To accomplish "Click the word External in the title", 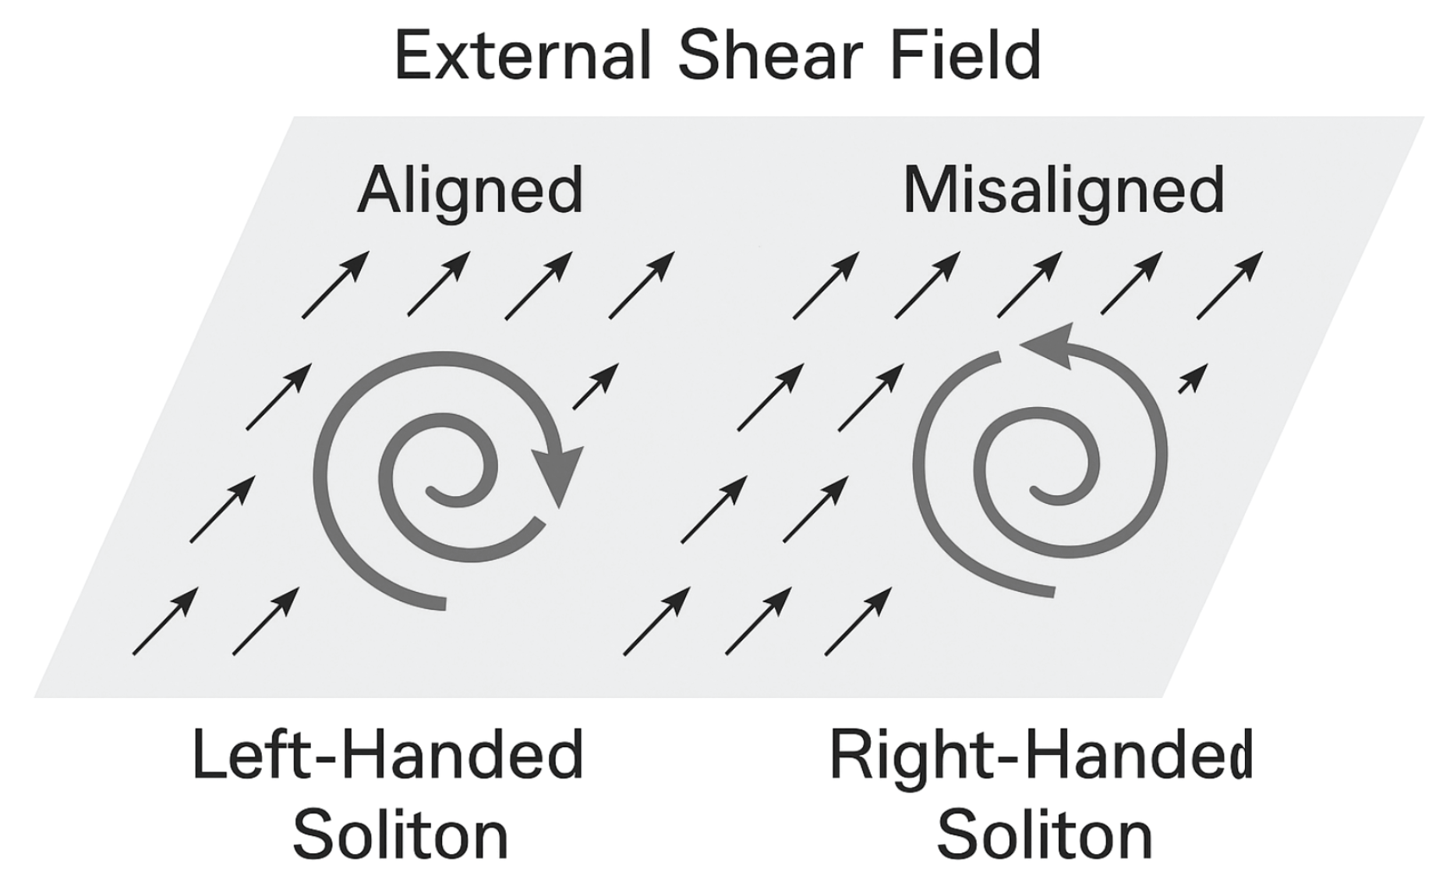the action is pos(522,55).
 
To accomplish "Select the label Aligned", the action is pos(470,191).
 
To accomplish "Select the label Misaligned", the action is pos(1063,191).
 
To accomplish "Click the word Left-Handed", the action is pos(387,755).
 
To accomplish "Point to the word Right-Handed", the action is pos(1041,755).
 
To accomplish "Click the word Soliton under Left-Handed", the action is pos(400,835).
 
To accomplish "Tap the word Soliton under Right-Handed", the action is pos(1044,835).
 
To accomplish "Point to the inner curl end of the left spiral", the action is pos(431,490).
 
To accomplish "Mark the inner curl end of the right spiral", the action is pos(1036,491).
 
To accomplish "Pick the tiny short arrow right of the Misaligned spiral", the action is pos(1193,379).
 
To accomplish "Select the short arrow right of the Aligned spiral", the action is pos(596,386).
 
